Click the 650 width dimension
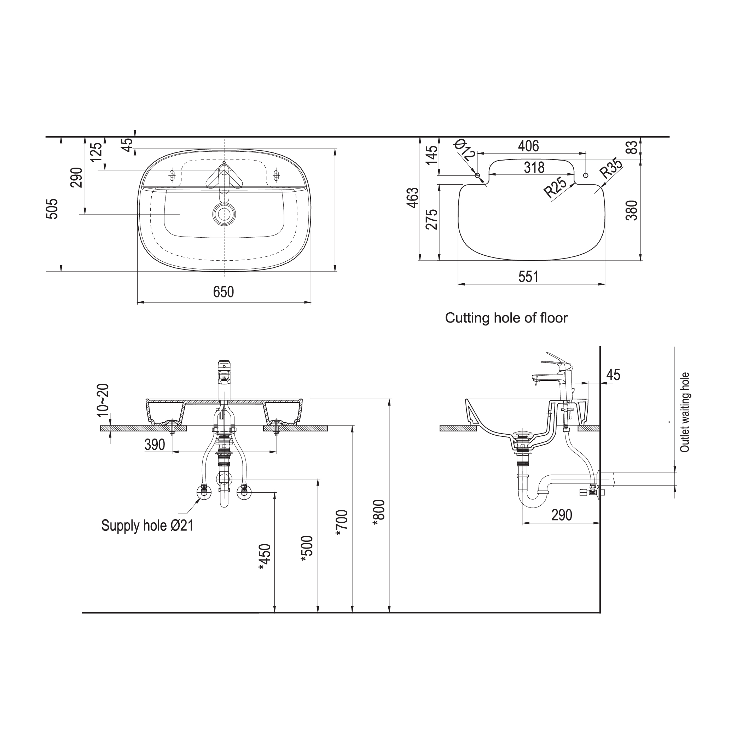[224, 292]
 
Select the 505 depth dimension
[52, 209]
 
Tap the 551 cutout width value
[528, 277]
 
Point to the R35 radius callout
[611, 168]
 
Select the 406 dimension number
[528, 146]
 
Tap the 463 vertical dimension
[413, 198]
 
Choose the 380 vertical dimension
[632, 210]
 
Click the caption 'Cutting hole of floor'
[506, 318]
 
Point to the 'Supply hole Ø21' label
[147, 526]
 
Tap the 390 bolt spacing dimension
[155, 445]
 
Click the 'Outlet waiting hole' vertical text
[685, 412]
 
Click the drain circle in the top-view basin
[224, 214]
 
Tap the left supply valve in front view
[204, 492]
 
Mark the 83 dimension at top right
[632, 147]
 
